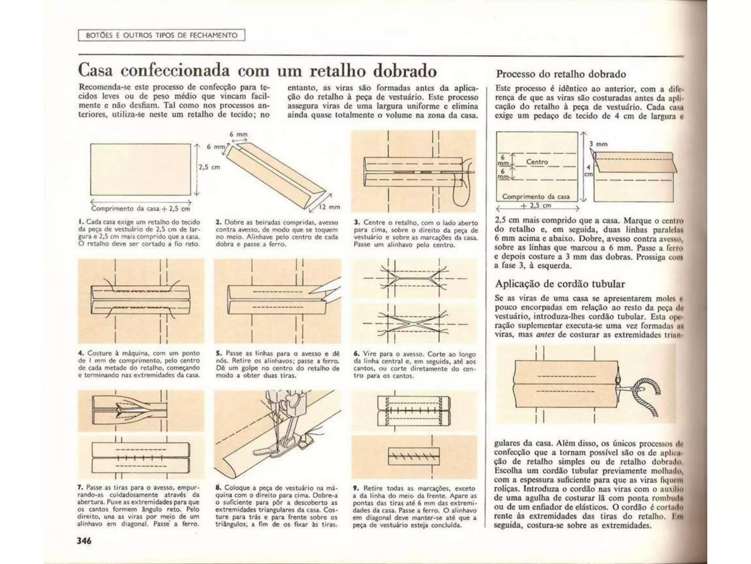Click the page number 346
[84, 540]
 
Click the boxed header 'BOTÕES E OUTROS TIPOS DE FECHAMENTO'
[161, 35]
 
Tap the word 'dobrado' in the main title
[405, 70]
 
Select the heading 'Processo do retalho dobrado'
[561, 74]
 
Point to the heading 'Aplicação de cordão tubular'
[560, 284]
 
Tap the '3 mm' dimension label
[598, 144]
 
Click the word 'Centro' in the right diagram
[537, 162]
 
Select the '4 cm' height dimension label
[588, 171]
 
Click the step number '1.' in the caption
[80, 222]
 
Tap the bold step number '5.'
[219, 353]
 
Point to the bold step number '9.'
[356, 488]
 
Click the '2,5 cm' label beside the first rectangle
[209, 167]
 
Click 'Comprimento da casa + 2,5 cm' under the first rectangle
[141, 209]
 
